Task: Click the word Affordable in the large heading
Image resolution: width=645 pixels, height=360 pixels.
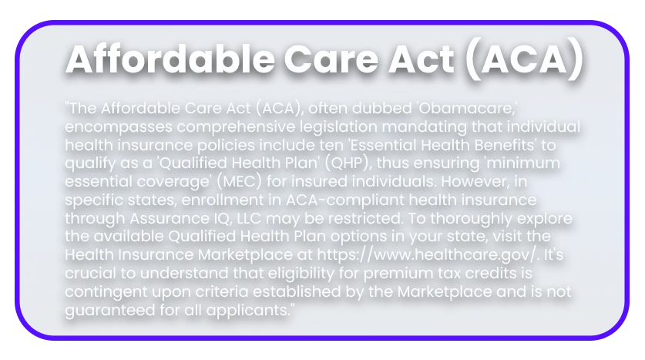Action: tap(170, 59)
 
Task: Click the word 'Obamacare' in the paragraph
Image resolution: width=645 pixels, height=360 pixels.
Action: tap(467, 108)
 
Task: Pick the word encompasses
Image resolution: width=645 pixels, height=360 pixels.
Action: tap(119, 127)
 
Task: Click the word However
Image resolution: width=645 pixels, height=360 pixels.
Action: tap(476, 181)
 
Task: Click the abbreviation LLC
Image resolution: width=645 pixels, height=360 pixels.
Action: tap(249, 218)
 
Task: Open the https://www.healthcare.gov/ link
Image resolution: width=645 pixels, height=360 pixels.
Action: tap(428, 254)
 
